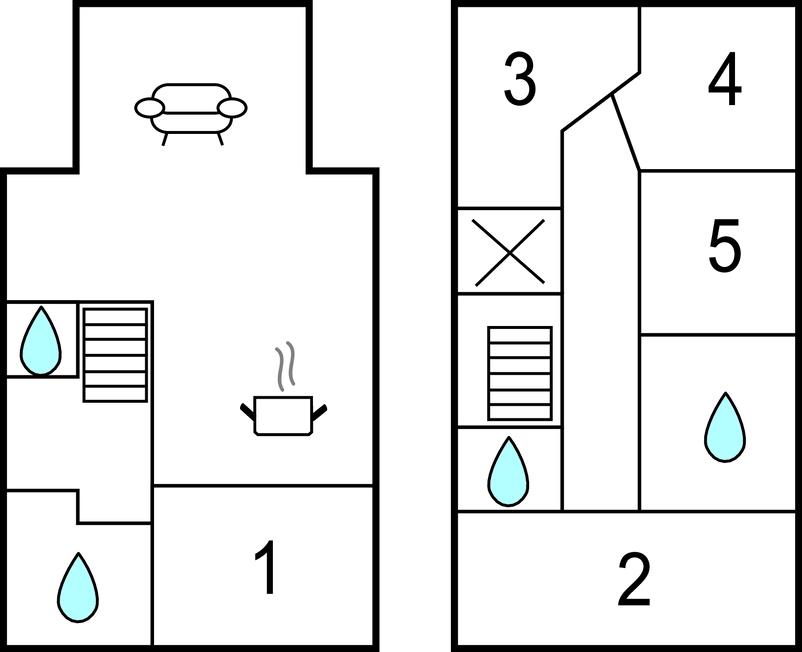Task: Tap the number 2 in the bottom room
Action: tap(634, 579)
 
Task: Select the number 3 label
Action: tap(519, 80)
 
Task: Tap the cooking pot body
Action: tap(283, 416)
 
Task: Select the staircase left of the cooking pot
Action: tap(115, 354)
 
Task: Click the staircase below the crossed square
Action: tap(519, 374)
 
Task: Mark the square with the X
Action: tap(508, 251)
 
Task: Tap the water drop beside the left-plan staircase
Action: tap(42, 340)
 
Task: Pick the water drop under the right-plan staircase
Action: tap(508, 471)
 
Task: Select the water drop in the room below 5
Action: tap(724, 428)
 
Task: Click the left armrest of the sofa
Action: tap(148, 107)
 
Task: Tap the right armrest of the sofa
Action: tap(234, 107)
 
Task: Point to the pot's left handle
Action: tap(247, 409)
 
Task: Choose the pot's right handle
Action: tap(321, 409)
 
